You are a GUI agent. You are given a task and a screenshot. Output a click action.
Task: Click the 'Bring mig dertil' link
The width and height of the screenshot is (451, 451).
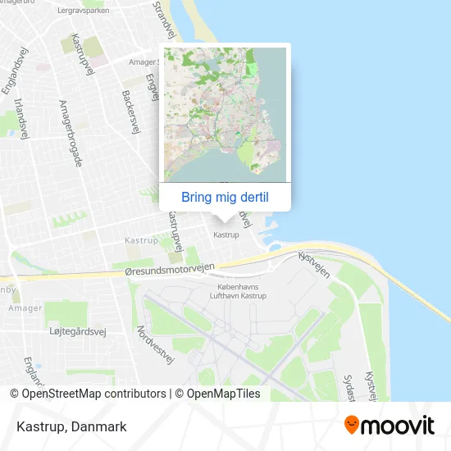225,197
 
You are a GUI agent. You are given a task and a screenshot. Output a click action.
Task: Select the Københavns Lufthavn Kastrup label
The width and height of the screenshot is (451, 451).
238,291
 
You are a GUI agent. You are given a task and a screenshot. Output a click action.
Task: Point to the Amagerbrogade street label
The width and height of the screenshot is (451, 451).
70,134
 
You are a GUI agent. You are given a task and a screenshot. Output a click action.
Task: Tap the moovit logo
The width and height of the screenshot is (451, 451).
389,425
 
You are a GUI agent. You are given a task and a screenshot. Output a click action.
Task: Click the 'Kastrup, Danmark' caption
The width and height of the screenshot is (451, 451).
71,426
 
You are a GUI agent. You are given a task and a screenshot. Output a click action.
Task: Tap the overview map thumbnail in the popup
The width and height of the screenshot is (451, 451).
225,114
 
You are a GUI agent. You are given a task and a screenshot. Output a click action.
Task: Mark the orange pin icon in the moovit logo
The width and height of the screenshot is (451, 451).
352,425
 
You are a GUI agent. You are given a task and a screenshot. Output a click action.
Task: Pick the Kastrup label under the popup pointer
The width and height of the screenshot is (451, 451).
225,235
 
